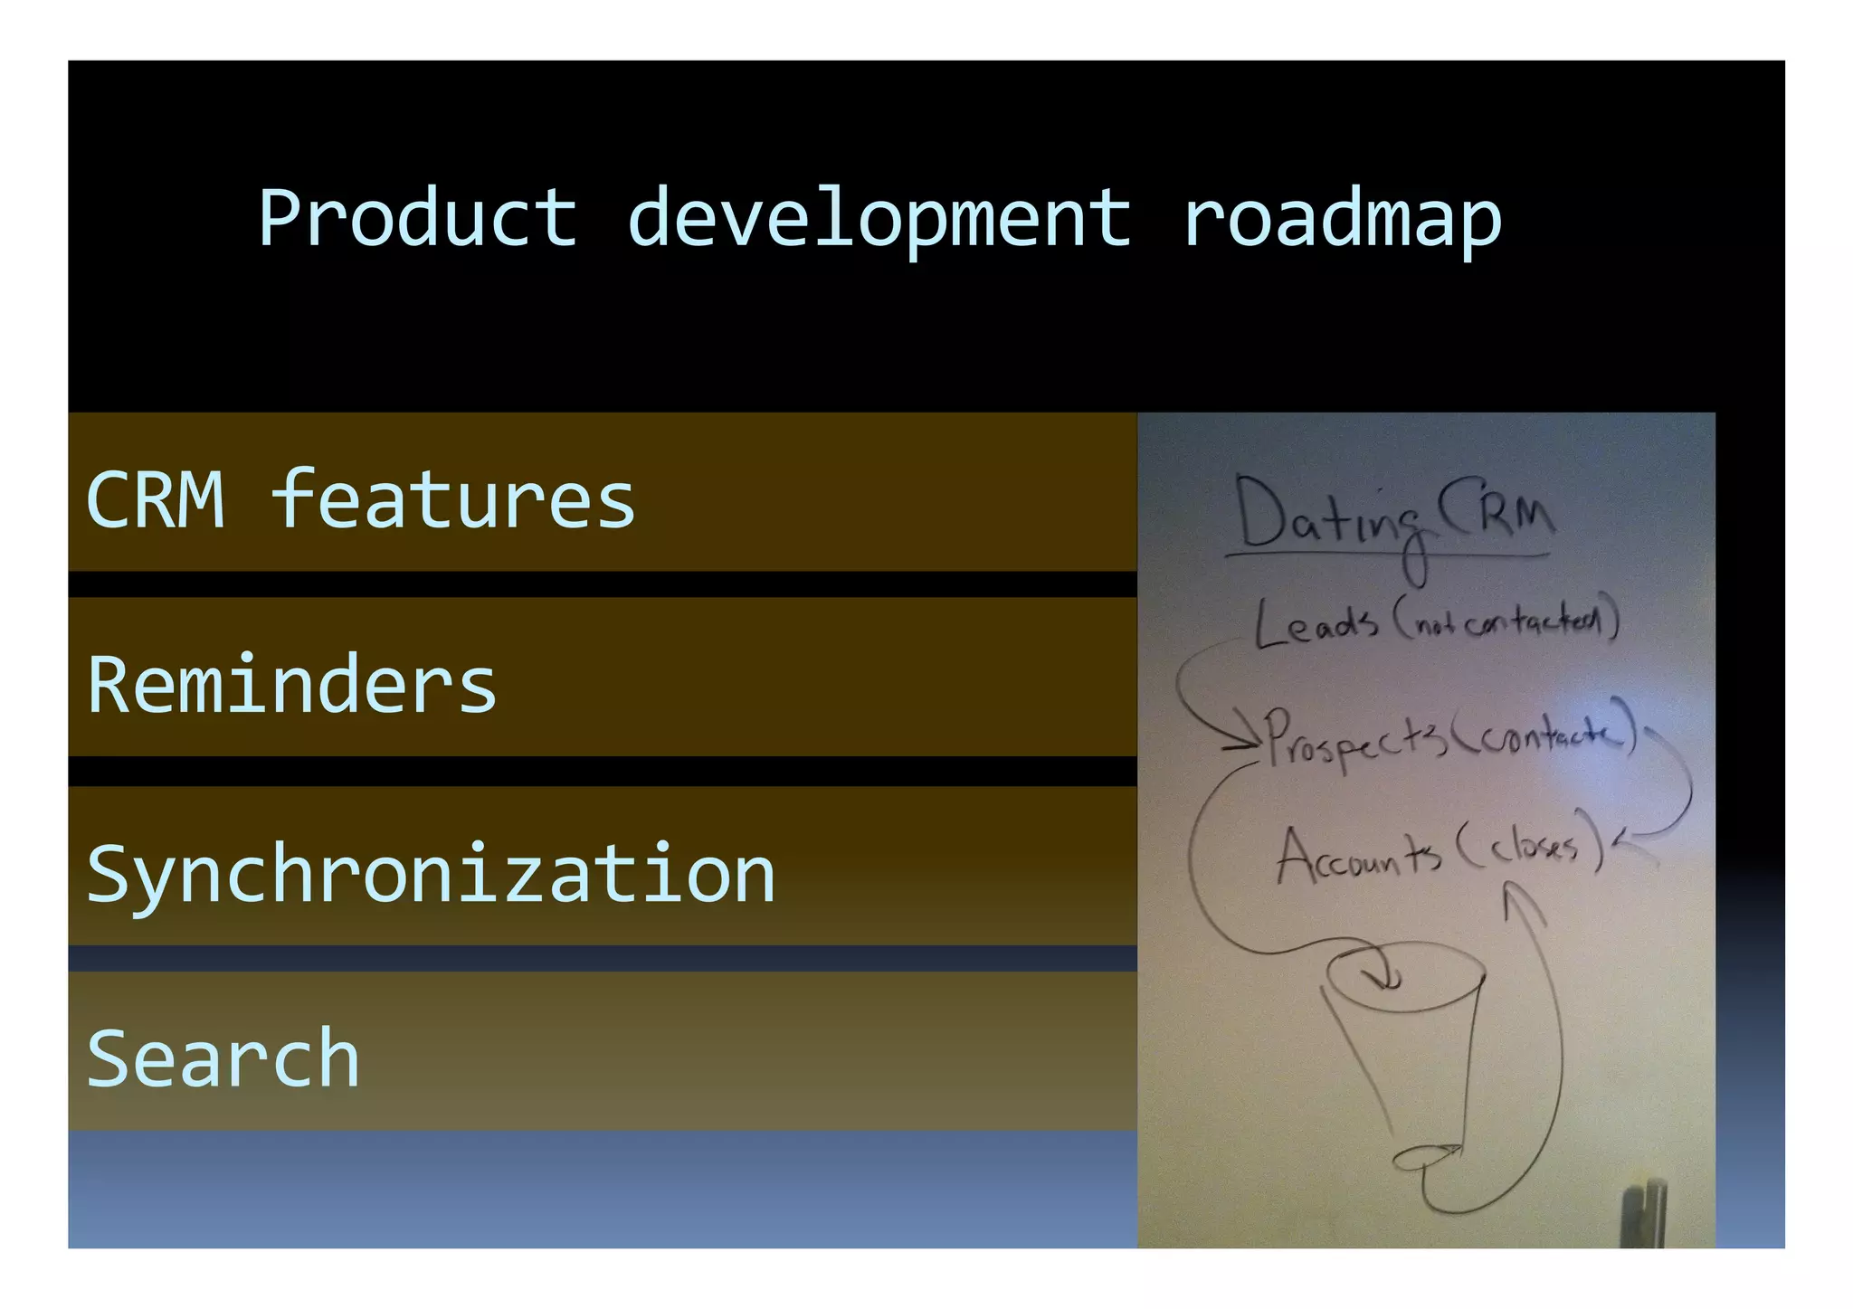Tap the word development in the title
(x=879, y=219)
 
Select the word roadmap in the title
(x=1342, y=219)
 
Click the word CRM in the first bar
(x=156, y=500)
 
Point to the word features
(x=452, y=499)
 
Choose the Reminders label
(x=292, y=685)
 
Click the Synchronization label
(x=431, y=875)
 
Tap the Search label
(x=223, y=1058)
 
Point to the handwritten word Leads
(x=1316, y=624)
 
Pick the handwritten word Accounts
(x=1358, y=856)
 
